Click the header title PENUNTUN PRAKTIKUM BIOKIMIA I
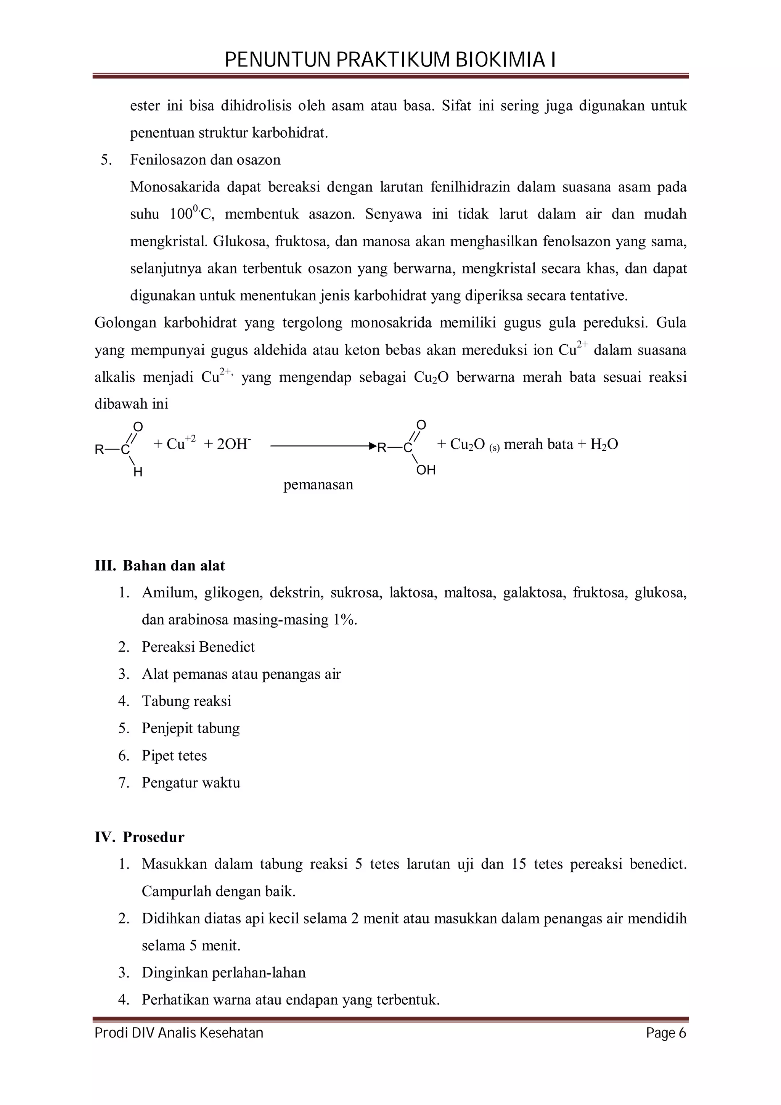pos(390,60)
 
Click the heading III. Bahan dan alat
pos(160,565)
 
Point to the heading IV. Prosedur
pos(140,837)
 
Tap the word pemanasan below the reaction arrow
pos(318,484)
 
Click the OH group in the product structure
pos(426,470)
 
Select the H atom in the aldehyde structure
pos(138,472)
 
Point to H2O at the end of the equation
pos(604,444)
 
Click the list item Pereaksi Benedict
pos(198,647)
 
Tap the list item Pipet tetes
pos(174,756)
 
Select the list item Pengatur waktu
pos(191,782)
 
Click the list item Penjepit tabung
pos(191,728)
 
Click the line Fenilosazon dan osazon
pos(205,160)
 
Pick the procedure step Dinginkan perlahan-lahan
pos(224,973)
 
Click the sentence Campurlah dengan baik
pos(219,891)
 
